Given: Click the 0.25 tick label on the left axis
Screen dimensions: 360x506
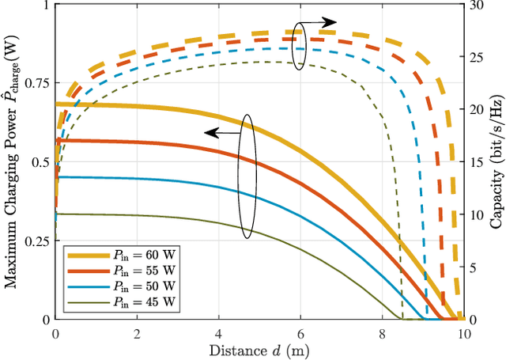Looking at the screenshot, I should (x=37, y=241).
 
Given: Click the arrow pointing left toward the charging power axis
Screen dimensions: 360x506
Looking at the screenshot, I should (x=223, y=133).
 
